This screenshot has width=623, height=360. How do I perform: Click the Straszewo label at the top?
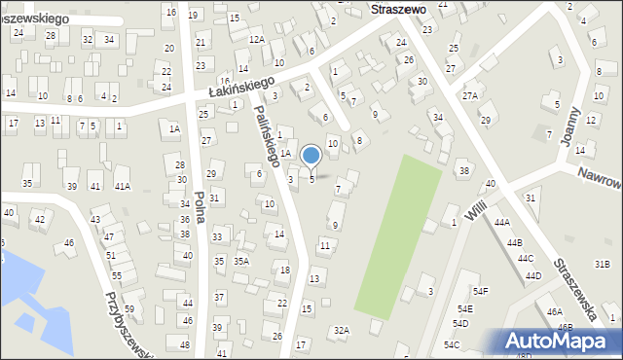[x=398, y=8]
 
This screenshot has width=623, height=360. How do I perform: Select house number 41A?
[x=122, y=186]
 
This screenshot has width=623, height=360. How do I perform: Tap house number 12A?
[x=256, y=39]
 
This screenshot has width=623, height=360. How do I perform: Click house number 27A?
[x=470, y=95]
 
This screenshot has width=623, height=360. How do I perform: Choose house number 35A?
[x=240, y=261]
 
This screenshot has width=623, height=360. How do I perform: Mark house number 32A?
[x=341, y=331]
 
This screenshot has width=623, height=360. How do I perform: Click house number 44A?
[x=501, y=223]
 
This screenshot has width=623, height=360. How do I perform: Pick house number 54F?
[x=481, y=291]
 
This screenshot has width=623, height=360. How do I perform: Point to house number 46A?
[x=555, y=311]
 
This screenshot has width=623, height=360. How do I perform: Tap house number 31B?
[x=603, y=264]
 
